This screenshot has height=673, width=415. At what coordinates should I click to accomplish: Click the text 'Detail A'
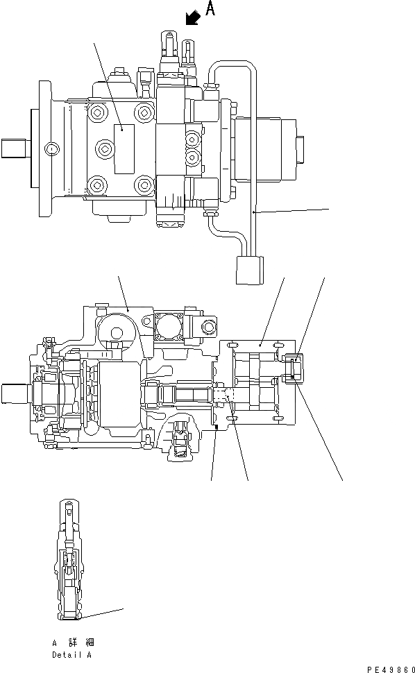click(71, 654)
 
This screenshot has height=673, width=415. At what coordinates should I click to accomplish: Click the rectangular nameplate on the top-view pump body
click(124, 148)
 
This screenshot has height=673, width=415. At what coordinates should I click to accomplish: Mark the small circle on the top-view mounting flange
click(50, 148)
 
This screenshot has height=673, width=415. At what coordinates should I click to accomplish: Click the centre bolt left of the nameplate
click(104, 148)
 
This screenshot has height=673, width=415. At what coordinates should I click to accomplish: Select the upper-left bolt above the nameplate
click(96, 112)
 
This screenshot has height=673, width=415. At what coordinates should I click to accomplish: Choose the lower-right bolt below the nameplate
click(144, 185)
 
